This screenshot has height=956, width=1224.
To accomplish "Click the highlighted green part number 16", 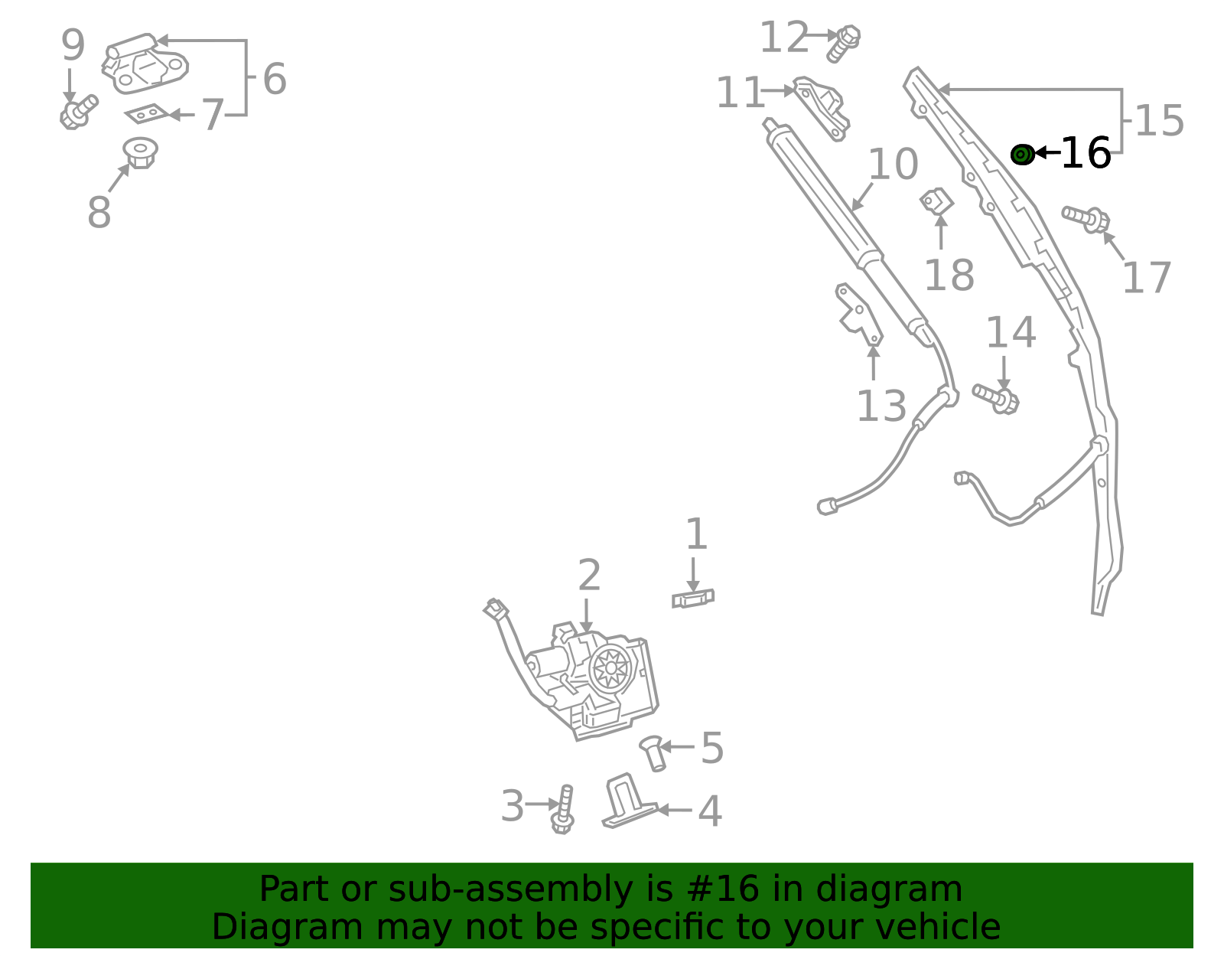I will click(x=1022, y=155).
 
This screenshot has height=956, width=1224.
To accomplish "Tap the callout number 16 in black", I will click(x=1086, y=154).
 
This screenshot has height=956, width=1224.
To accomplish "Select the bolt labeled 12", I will click(x=843, y=43).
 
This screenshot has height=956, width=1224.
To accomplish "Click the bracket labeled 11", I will click(x=822, y=107).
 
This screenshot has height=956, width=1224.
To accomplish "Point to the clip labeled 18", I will click(x=937, y=202).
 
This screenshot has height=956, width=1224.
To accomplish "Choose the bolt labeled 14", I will click(x=997, y=398).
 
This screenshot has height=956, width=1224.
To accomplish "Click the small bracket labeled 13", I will click(x=859, y=315).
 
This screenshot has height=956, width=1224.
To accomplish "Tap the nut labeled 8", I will click(x=140, y=152).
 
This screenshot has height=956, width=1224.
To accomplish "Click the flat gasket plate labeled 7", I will click(x=146, y=114).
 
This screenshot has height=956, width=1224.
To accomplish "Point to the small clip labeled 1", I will click(x=693, y=599).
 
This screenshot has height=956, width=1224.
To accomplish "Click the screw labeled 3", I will click(x=564, y=810).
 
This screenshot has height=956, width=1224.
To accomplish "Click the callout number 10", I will click(x=893, y=165).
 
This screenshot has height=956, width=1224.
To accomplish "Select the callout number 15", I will click(x=1159, y=121).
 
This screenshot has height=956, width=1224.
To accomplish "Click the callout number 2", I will click(x=588, y=576).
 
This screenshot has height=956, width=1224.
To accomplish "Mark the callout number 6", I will click(x=274, y=79).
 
